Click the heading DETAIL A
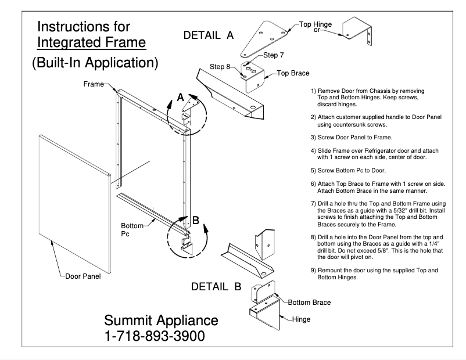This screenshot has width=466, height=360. click(x=208, y=35)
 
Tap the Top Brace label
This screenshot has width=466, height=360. click(x=293, y=74)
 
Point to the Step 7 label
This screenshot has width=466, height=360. click(x=274, y=55)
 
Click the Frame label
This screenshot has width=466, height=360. click(x=93, y=84)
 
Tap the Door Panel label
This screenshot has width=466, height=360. click(x=83, y=276)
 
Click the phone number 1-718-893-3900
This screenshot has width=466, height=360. click(x=154, y=336)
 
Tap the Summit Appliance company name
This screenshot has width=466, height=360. click(x=161, y=321)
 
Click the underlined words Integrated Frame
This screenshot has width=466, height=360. click(x=91, y=43)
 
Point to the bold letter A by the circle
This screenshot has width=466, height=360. click(x=181, y=98)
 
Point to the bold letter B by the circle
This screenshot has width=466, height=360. click(x=196, y=220)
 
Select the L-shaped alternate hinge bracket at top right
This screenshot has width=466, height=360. click(x=357, y=32)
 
